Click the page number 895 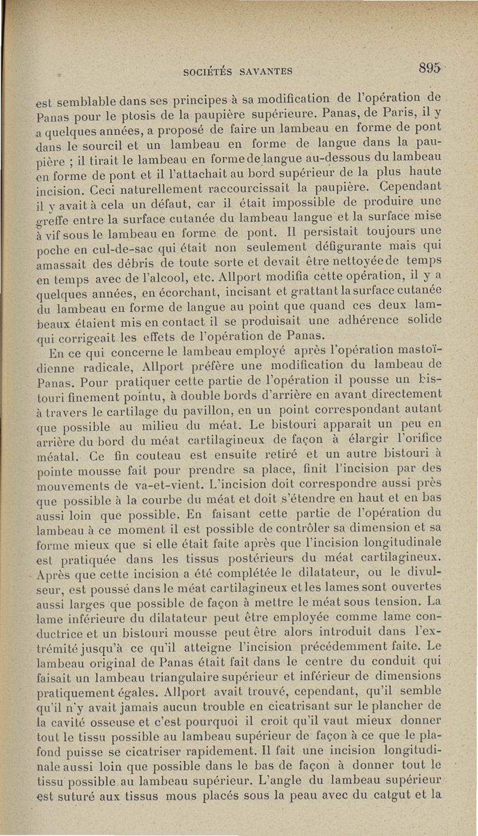(x=429, y=69)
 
